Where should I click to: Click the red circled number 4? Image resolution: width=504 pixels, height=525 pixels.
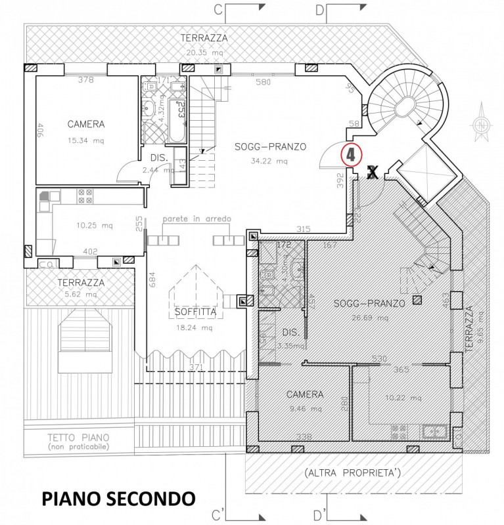click(351, 155)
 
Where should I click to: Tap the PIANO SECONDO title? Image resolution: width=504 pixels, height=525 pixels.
click(119, 498)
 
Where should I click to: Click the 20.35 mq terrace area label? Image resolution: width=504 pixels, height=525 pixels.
click(204, 54)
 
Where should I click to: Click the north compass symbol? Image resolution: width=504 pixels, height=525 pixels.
click(483, 123)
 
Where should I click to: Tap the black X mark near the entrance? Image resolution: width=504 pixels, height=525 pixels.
click(372, 173)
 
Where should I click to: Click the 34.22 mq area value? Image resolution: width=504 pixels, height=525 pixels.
click(270, 161)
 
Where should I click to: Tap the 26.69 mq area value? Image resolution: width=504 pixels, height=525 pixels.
click(370, 318)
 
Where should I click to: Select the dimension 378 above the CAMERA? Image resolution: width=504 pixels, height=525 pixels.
click(85, 80)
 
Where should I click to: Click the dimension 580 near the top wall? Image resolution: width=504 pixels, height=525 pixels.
click(263, 83)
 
